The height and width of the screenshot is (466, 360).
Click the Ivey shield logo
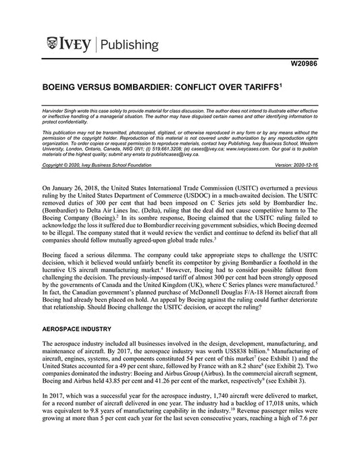(55, 45)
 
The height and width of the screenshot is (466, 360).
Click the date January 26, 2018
(79, 184)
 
